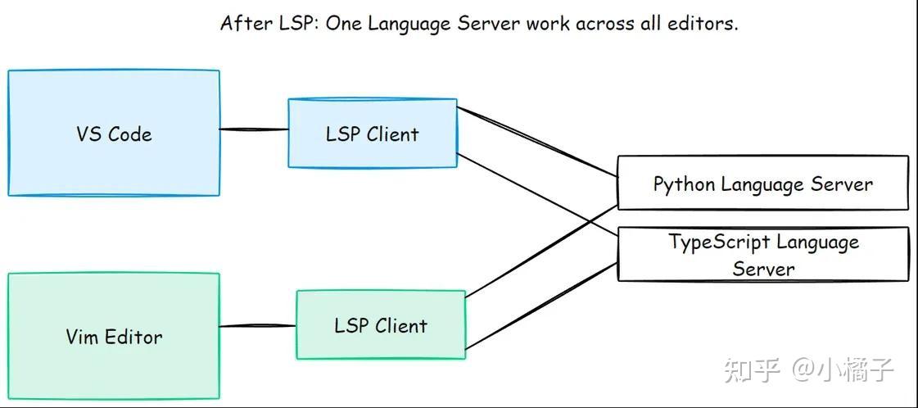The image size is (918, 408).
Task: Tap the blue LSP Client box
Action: pos(372,152)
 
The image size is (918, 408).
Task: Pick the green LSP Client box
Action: pos(380,344)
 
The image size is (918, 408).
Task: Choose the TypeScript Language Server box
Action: pos(762,255)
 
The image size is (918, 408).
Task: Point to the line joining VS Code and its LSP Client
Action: pos(254,129)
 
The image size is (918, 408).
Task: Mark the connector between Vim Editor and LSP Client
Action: pos(257,326)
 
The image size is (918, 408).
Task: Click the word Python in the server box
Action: pos(684,184)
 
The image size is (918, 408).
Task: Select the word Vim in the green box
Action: pos(82,337)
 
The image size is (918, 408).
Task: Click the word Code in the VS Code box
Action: pos(130,134)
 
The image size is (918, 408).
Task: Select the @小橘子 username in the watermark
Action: pos(842,370)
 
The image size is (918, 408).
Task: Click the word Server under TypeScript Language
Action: pos(763,269)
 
